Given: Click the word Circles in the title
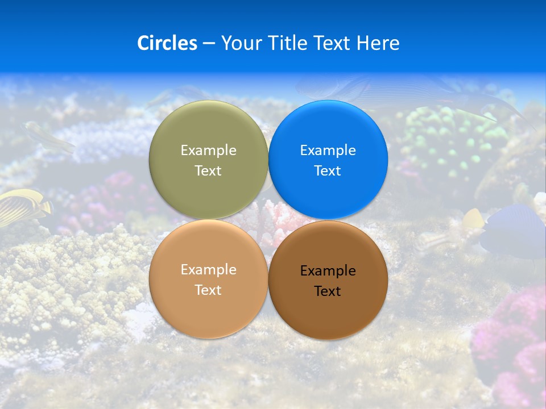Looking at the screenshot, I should pyautogui.click(x=167, y=43).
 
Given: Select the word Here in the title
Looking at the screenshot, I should pyautogui.click(x=378, y=43).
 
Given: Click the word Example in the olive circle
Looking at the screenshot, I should pyautogui.click(x=208, y=151).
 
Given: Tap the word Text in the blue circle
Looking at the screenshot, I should pyautogui.click(x=328, y=171).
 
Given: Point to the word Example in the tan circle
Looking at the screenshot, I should pyautogui.click(x=208, y=270).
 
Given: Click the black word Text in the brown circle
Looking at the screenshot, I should pyautogui.click(x=328, y=291).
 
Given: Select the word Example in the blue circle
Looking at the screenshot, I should pyautogui.click(x=328, y=151).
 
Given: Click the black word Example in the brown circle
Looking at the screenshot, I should pyautogui.click(x=328, y=271).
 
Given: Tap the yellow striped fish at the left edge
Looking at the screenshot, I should pyautogui.click(x=23, y=206).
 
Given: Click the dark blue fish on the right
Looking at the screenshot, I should pyautogui.click(x=512, y=230).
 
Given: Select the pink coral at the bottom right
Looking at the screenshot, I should pyautogui.click(x=512, y=341).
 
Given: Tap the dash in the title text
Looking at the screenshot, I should pyautogui.click(x=209, y=44).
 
